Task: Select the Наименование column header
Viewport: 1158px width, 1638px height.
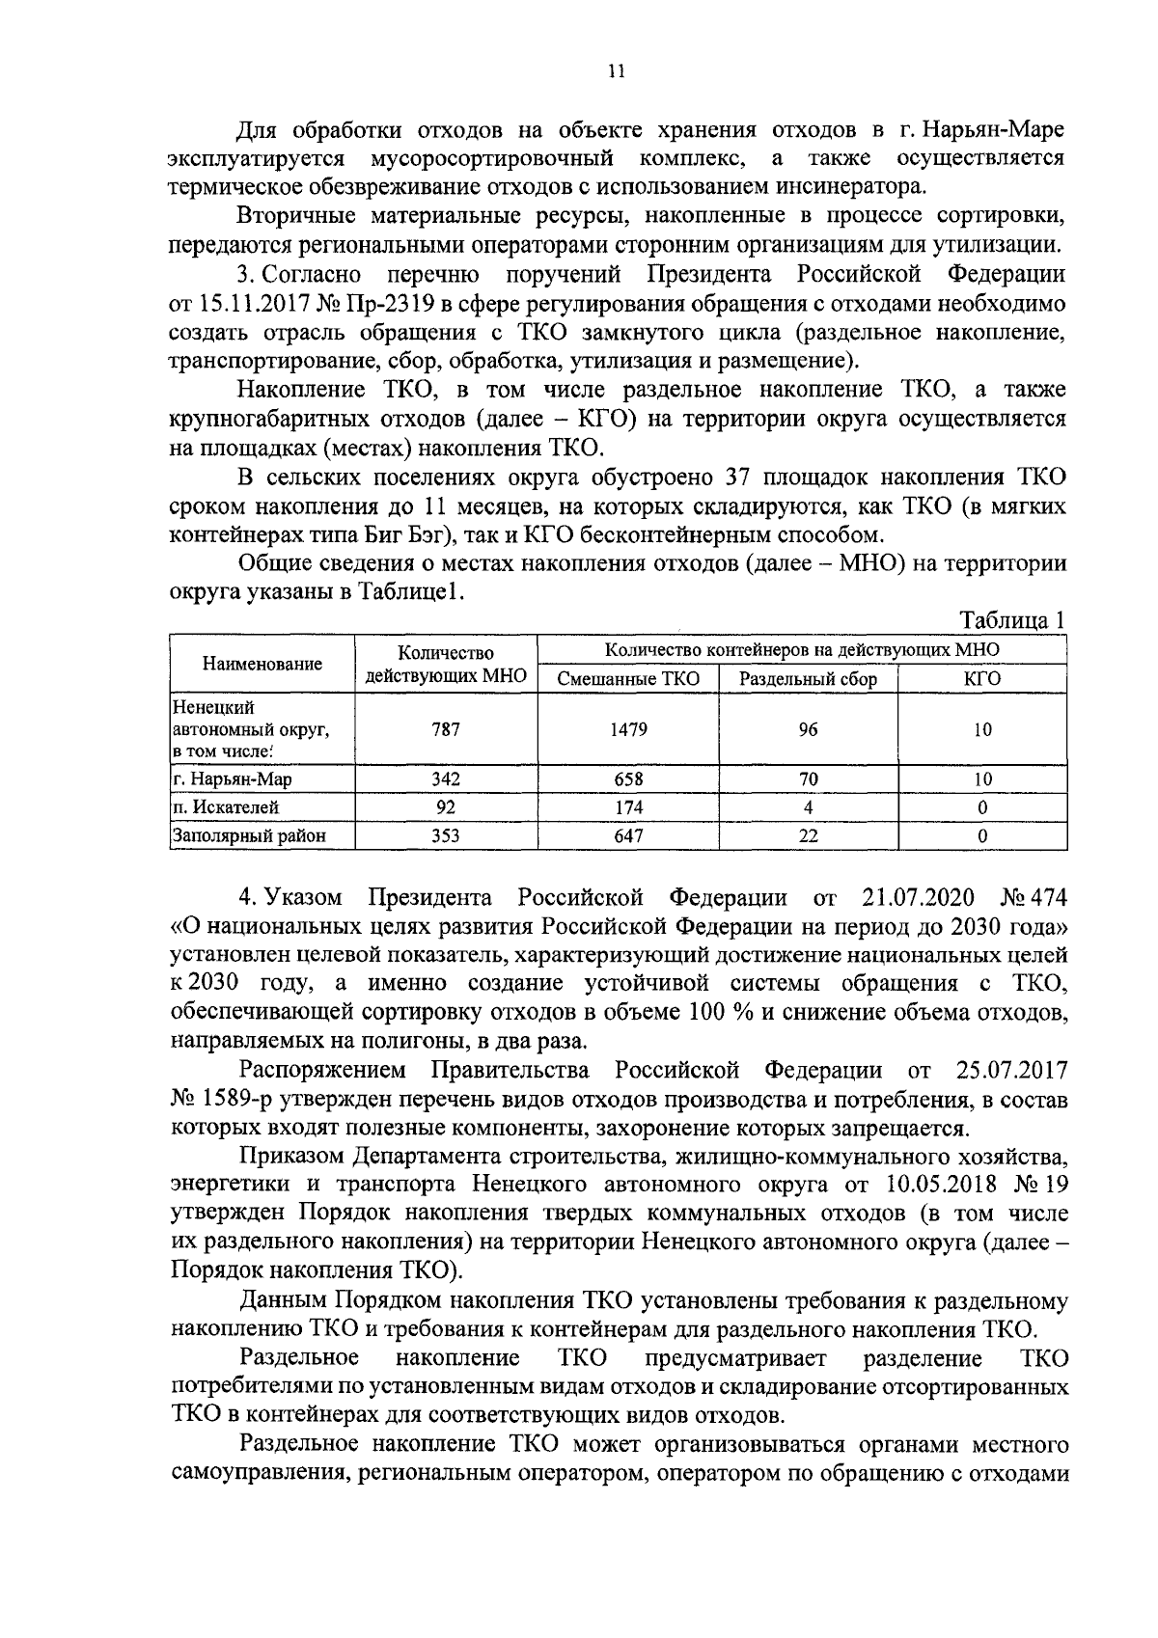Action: pos(262,664)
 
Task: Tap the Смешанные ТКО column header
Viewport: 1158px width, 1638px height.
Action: pos(628,679)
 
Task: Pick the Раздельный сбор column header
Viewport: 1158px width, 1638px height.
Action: pos(808,679)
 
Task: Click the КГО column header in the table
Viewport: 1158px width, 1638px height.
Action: pos(981,679)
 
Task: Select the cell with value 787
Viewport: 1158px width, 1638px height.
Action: pos(446,729)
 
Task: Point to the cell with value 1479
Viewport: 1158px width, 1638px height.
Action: pos(628,729)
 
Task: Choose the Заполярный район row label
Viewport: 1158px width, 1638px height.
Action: pos(248,836)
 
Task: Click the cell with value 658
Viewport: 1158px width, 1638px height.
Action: pos(628,779)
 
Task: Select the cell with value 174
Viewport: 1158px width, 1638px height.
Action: pos(628,807)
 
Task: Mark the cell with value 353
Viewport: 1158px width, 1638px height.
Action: pos(446,836)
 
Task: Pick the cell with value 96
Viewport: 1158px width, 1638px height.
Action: pos(808,729)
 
